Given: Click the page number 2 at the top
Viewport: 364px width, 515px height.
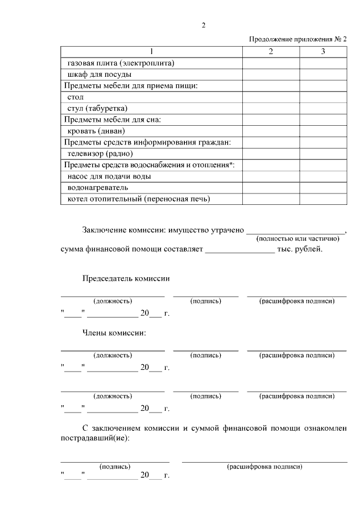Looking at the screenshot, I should click(x=204, y=24).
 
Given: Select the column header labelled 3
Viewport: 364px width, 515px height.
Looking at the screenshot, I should click(x=323, y=52).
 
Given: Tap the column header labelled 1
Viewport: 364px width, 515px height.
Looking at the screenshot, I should click(x=151, y=52).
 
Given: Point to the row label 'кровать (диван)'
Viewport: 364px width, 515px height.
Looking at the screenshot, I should click(x=96, y=131).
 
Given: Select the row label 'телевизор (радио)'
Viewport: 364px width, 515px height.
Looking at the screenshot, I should click(x=100, y=154).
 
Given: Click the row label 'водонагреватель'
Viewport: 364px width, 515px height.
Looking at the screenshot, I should click(x=98, y=187).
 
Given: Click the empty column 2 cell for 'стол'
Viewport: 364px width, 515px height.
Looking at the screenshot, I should click(x=271, y=97).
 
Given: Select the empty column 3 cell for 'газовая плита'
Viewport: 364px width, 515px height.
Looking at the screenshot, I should click(x=323, y=63).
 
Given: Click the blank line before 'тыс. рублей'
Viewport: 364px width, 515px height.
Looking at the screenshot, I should click(x=239, y=248).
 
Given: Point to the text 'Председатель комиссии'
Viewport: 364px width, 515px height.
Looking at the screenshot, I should click(x=126, y=279).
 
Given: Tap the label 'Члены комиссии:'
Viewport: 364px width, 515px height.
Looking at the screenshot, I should click(x=114, y=332).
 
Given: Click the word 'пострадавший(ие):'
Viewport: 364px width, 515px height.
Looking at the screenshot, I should click(x=95, y=439).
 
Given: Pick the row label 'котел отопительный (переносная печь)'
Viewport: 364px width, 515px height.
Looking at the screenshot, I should click(x=139, y=199).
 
